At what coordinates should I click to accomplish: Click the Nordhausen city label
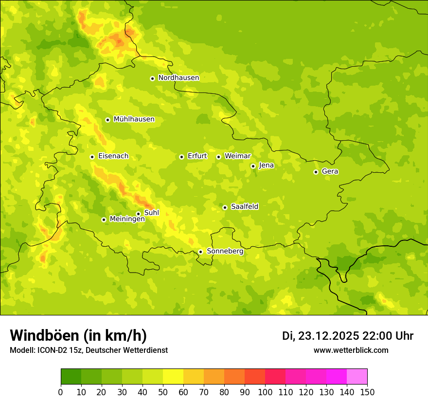(178, 78)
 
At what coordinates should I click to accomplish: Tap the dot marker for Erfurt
(181, 157)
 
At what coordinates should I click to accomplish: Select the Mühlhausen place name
(134, 119)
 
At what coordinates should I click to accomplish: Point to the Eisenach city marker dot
(92, 157)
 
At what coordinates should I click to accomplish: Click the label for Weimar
(237, 156)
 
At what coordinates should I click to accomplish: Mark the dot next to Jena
(253, 166)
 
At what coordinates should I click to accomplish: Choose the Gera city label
(330, 171)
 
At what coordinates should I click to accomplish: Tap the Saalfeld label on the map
(245, 207)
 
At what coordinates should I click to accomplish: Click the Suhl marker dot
(138, 214)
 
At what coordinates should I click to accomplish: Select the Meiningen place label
(127, 219)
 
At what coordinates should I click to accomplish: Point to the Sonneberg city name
(225, 251)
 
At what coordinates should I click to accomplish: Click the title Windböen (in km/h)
(78, 335)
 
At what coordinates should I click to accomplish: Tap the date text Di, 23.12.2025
(321, 336)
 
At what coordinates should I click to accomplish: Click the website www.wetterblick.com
(351, 350)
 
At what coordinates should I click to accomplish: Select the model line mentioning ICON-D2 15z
(89, 350)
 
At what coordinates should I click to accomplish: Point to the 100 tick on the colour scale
(265, 392)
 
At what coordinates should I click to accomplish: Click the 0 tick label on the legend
(61, 392)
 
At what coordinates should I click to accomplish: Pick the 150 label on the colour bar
(367, 392)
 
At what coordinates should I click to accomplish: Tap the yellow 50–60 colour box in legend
(173, 377)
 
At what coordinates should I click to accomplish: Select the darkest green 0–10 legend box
(71, 377)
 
